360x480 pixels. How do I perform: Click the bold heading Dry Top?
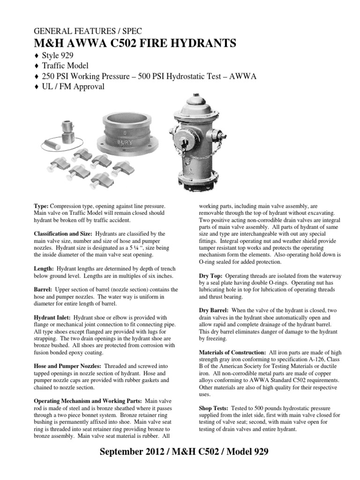(207, 277)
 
